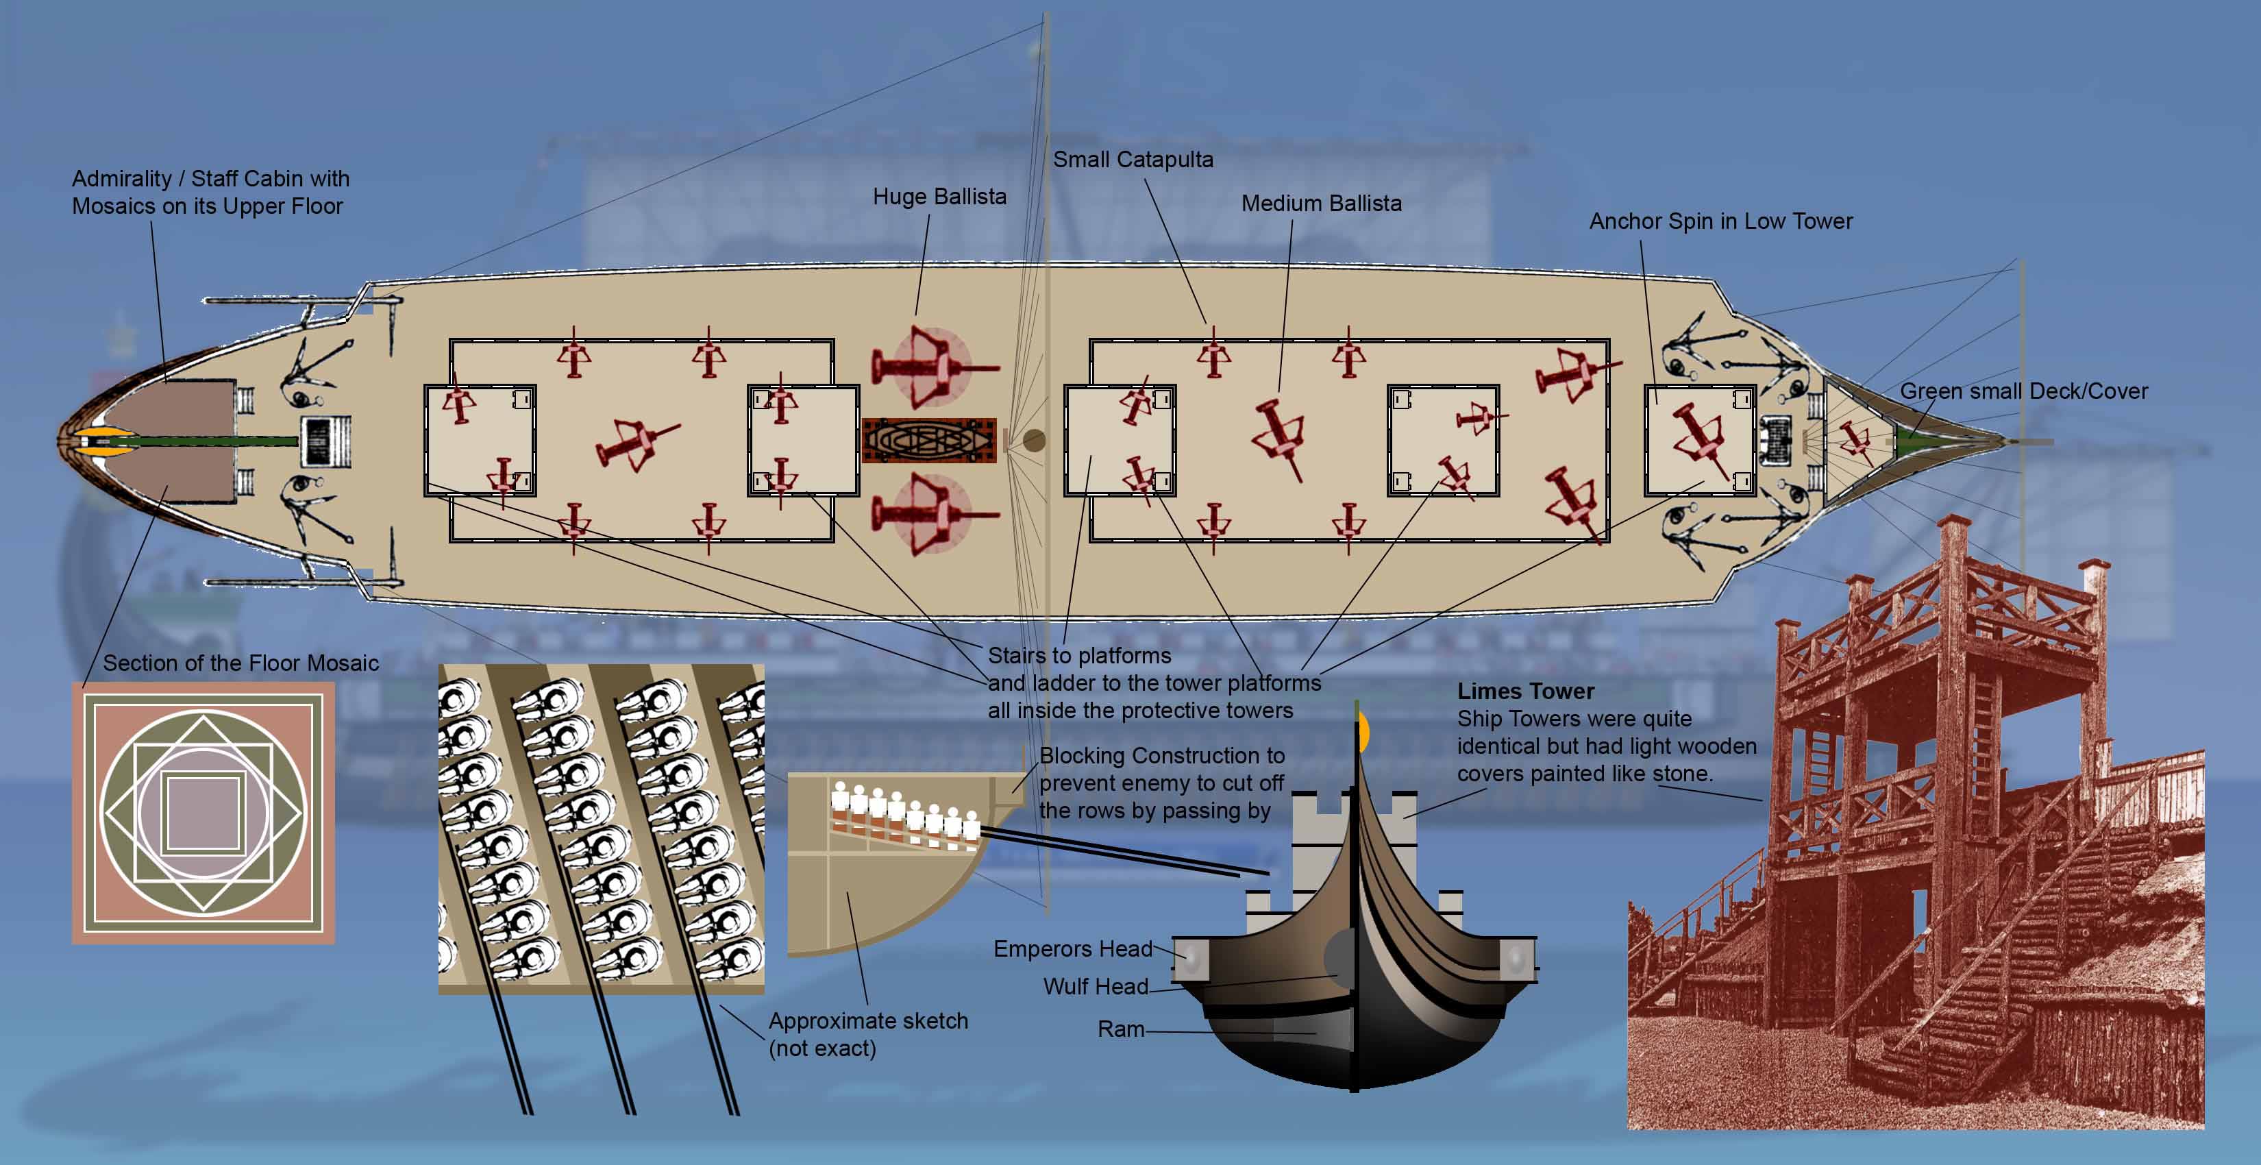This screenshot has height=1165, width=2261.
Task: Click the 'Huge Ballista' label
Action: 939,197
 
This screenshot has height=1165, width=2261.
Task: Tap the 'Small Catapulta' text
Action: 1133,160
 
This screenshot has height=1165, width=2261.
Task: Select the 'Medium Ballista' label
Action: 1321,204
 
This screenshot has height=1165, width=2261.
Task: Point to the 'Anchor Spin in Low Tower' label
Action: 1720,221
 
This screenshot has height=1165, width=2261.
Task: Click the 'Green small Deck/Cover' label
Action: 2023,391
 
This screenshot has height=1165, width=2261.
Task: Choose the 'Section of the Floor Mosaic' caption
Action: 240,663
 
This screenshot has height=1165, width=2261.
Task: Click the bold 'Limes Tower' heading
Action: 1525,691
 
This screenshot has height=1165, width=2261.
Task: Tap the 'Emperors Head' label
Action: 1072,949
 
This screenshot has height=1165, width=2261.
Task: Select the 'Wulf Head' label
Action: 1096,987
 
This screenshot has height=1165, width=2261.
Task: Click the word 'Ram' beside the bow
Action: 1121,1029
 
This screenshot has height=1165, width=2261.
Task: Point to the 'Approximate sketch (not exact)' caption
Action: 868,1034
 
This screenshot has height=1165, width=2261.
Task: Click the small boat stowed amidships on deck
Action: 928,440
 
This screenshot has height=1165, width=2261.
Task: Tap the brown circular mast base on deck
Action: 1035,440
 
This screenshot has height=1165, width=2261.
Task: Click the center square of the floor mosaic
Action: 203,813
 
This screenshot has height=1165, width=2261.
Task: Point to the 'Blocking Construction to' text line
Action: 1161,756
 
